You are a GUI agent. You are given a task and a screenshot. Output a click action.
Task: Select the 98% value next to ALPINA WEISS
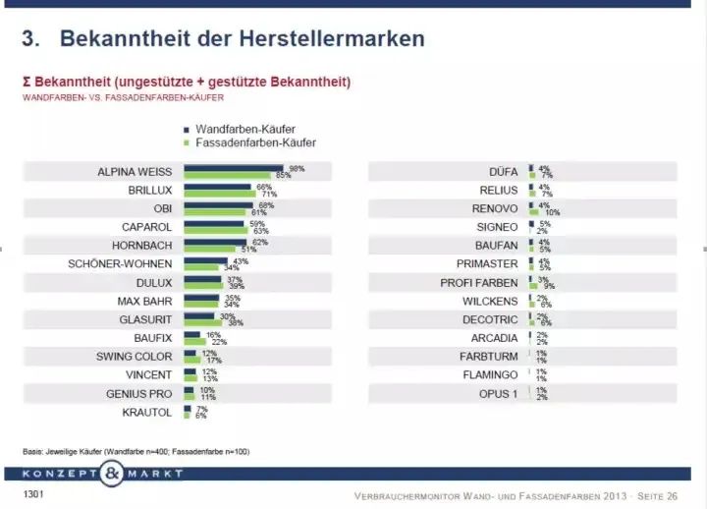(x=297, y=168)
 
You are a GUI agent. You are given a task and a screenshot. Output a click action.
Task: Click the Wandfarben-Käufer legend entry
(x=245, y=129)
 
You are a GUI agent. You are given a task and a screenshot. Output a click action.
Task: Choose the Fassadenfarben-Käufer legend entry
(x=253, y=142)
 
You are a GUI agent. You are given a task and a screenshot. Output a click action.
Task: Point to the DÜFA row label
(x=502, y=171)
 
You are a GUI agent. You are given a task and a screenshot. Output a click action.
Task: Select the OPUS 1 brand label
(x=497, y=393)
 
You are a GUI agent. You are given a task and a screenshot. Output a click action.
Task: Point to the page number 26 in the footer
(x=672, y=495)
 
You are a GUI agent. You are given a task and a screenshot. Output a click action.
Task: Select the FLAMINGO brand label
(x=490, y=374)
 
